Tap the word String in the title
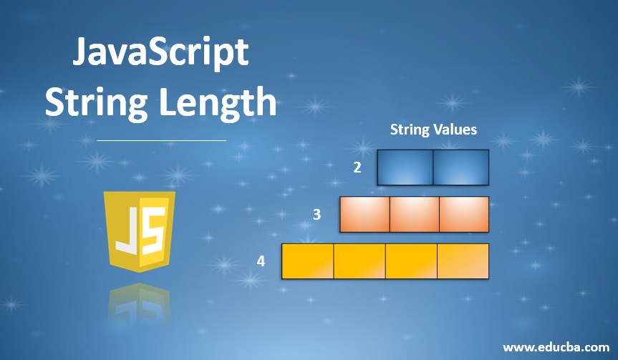click(x=92, y=102)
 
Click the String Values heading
click(x=433, y=130)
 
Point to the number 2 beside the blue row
click(x=357, y=167)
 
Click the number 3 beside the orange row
click(x=317, y=214)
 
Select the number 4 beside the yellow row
click(x=261, y=261)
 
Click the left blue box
click(x=405, y=167)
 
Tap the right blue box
click(x=460, y=167)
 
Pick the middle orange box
click(x=414, y=214)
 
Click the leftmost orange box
click(x=364, y=214)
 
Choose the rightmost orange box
click(x=463, y=214)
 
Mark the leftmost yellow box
click(x=308, y=261)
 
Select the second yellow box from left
click(x=359, y=261)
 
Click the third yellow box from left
click(x=411, y=261)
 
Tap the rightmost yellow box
click(x=463, y=261)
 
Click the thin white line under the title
click(x=161, y=141)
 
